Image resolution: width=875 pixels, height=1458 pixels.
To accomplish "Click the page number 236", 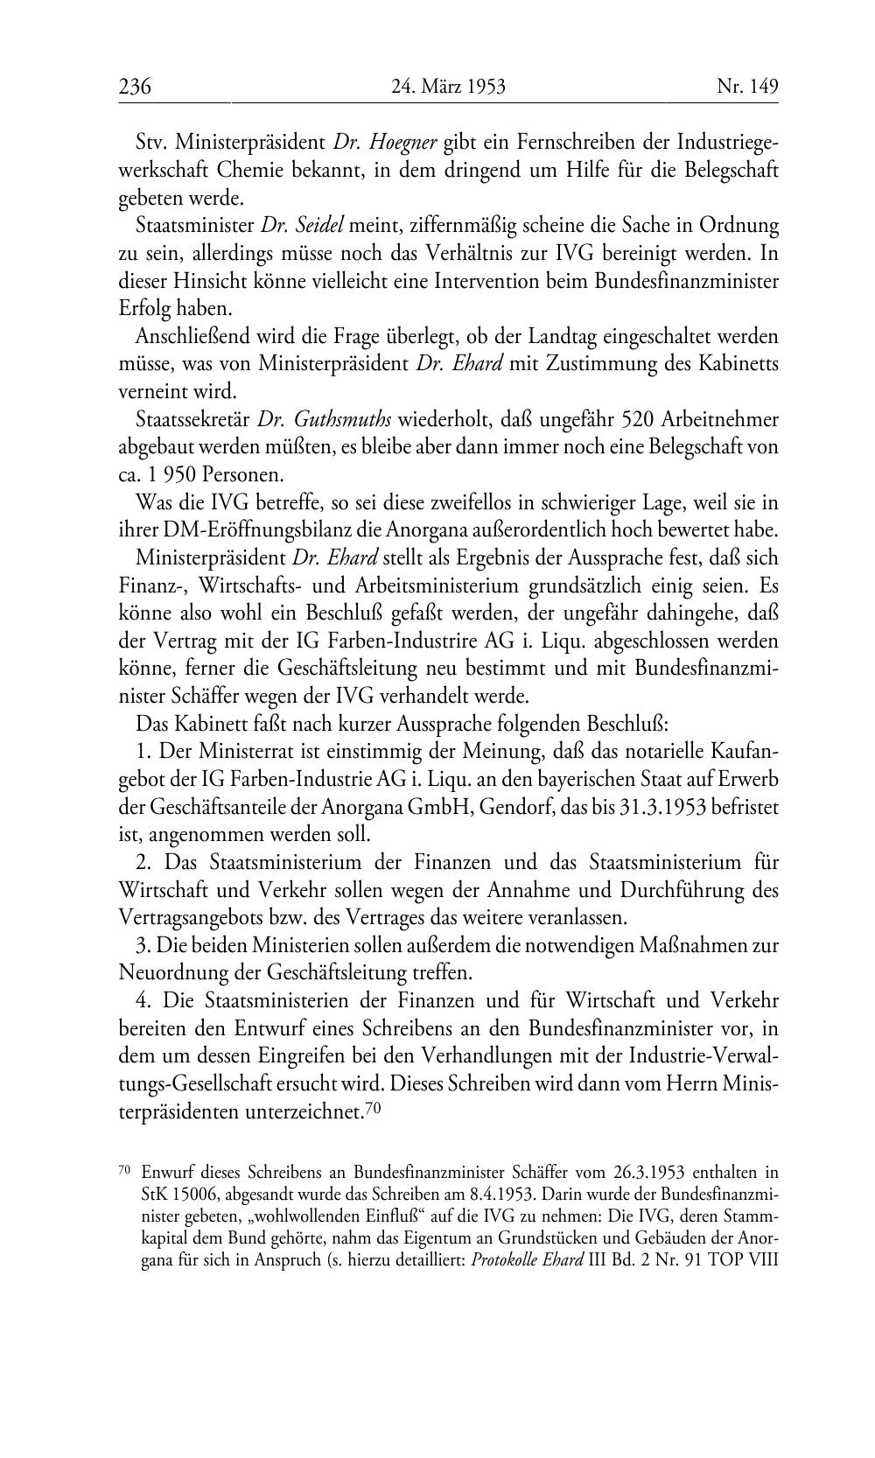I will [135, 87].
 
